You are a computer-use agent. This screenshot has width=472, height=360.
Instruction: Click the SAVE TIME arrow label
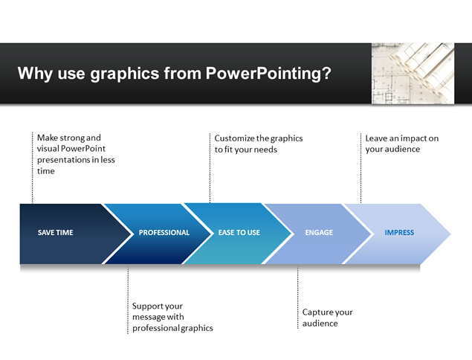coord(56,233)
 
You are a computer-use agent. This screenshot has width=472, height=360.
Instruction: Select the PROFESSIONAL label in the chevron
coord(164,233)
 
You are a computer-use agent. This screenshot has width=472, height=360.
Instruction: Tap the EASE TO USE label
coord(239,233)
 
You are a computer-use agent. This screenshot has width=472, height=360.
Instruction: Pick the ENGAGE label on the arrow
coord(319,233)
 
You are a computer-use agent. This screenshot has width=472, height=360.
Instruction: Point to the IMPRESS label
coord(399,233)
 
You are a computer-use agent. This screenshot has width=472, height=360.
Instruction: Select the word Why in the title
coord(35,74)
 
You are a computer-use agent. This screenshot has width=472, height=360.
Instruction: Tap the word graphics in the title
coord(125,74)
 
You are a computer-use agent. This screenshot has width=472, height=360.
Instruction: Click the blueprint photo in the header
coord(413,74)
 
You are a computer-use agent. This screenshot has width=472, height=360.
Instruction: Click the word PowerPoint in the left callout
coord(83,149)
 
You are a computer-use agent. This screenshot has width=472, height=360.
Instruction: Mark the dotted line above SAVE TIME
coord(32,168)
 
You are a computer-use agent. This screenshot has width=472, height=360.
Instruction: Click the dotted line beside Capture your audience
coord(298,297)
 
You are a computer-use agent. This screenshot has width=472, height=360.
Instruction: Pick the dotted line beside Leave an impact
coord(361,168)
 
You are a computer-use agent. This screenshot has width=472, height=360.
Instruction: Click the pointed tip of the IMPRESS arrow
coord(450,234)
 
